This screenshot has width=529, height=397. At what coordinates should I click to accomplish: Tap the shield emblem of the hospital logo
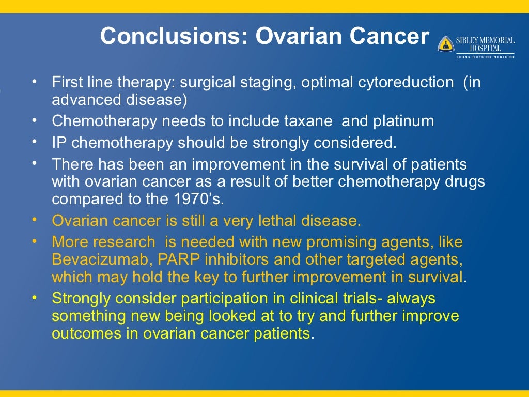(445, 44)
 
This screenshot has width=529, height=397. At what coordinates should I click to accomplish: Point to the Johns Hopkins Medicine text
(485, 57)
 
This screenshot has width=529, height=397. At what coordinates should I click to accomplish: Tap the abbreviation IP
(59, 143)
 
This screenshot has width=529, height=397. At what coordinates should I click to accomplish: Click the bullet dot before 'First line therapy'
(34, 81)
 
